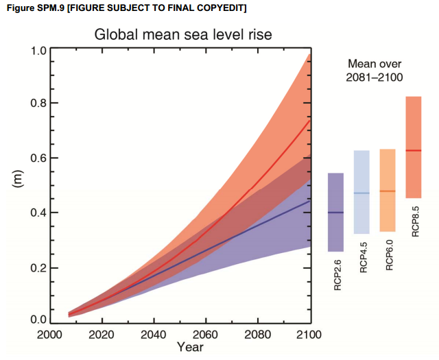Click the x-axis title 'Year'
pyautogui.click(x=190, y=348)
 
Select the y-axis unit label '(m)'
pyautogui.click(x=19, y=180)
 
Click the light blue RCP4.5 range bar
pyautogui.click(x=361, y=171)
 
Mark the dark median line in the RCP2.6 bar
pyautogui.click(x=335, y=213)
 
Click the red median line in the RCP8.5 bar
pyautogui.click(x=414, y=150)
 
